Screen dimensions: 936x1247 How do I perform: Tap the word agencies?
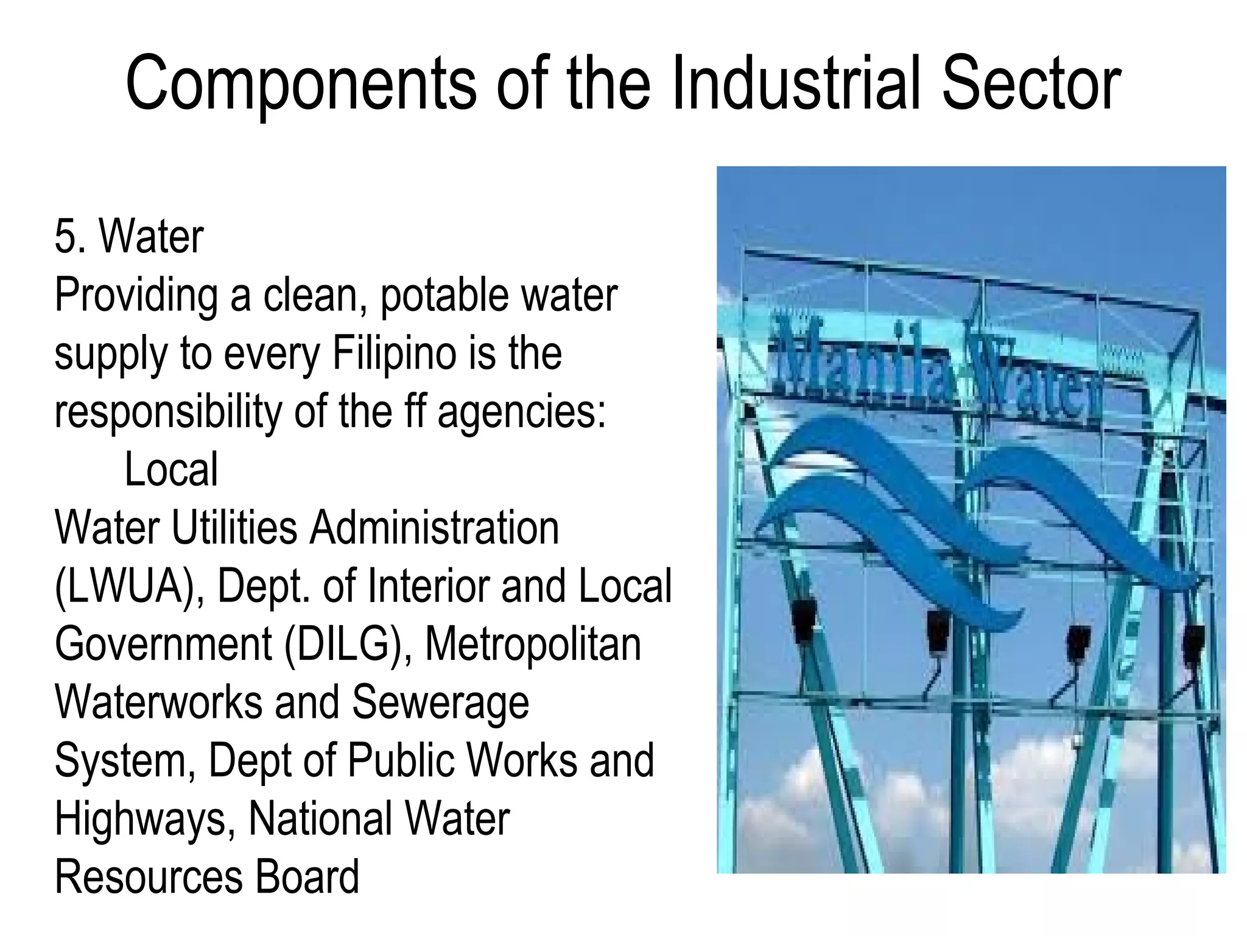coord(522,413)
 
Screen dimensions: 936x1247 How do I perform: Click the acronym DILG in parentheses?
coord(345,645)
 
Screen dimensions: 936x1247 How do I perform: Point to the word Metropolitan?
coord(533,645)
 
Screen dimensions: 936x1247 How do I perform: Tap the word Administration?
coord(434,528)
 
